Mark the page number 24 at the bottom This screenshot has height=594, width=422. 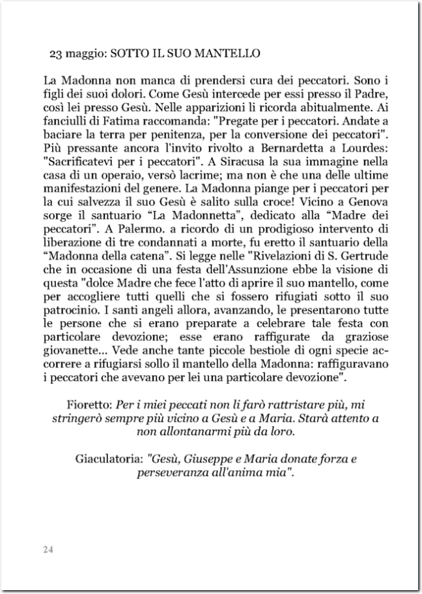tap(48, 550)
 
